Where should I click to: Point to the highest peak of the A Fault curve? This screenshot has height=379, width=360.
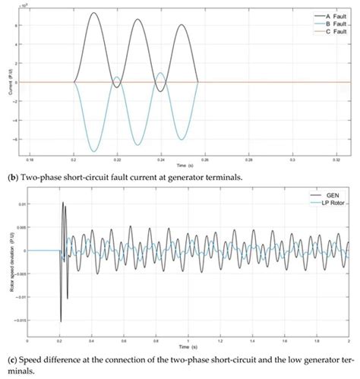pos(93,12)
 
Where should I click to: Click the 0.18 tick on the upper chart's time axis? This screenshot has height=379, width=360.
pos(30,162)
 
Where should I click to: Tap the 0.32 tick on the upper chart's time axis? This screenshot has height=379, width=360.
pos(335,162)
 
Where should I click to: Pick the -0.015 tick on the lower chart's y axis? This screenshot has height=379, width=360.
pos(18,321)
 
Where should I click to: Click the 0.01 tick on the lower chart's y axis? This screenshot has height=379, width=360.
pos(21,204)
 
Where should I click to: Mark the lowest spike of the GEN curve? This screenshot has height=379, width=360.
pos(61,322)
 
